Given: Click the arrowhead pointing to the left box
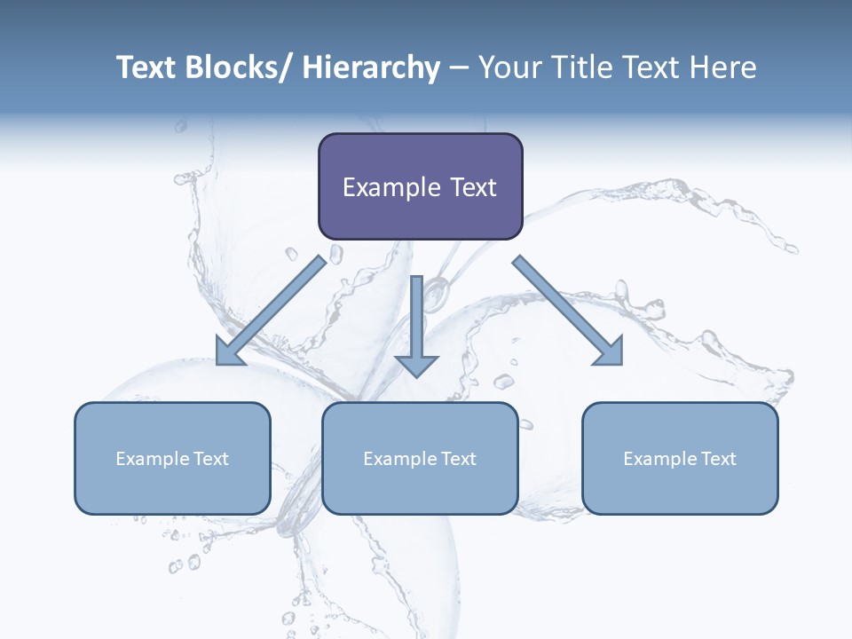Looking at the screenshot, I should [229, 353].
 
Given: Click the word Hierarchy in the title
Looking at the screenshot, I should [370, 67].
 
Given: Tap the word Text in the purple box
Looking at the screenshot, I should [471, 188].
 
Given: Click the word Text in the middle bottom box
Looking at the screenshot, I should [458, 459].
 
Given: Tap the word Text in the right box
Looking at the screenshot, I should [718, 459].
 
